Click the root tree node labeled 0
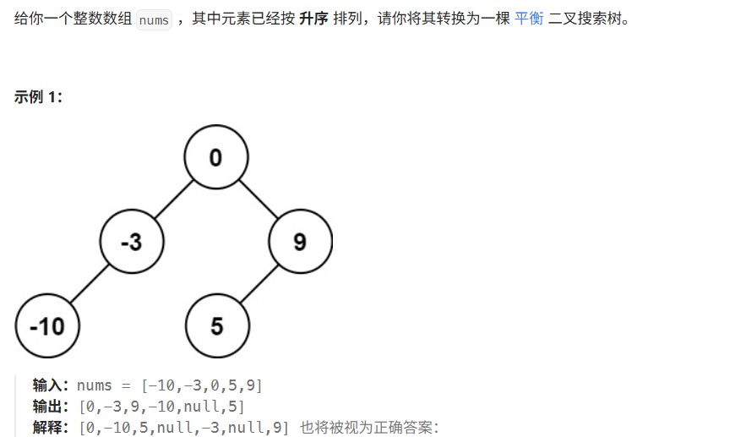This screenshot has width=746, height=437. pos(215,157)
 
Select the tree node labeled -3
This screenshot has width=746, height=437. pos(131,242)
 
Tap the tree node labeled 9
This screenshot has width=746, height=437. pos(300,242)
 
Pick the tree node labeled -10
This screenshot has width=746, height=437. pos(46,325)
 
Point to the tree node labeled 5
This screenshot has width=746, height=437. pos(216,325)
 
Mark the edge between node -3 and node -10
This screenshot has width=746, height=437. pos(90,283)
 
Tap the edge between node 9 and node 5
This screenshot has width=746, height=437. pos(258,284)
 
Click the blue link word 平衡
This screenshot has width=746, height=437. pos(529,19)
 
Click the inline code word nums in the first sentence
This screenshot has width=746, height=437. pos(153,19)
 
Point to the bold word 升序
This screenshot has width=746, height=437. pos(313,19)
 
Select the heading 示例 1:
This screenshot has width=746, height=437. pos(38,96)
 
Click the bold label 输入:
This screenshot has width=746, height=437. pos(52,385)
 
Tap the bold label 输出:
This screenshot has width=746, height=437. pos(52,407)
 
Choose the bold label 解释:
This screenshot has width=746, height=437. pos(52,428)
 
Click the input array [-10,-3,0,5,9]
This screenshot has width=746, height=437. pos(203,385)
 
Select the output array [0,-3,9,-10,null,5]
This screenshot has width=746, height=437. pos(161,407)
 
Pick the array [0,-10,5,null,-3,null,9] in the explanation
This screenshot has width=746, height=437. pos(183,428)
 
